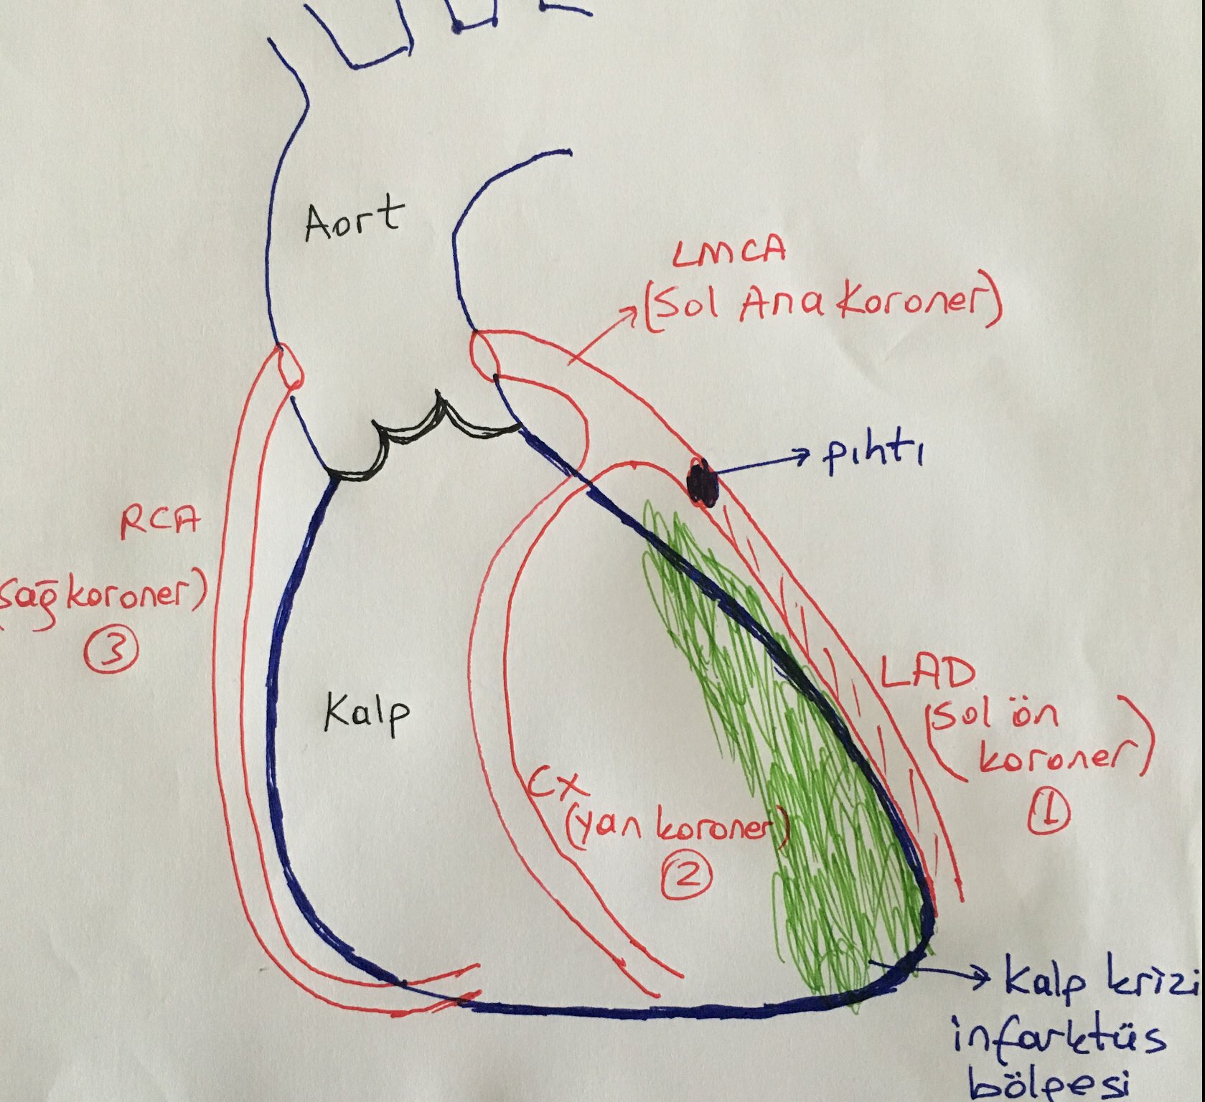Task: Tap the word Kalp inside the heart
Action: point(366,713)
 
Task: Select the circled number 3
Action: point(111,652)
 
